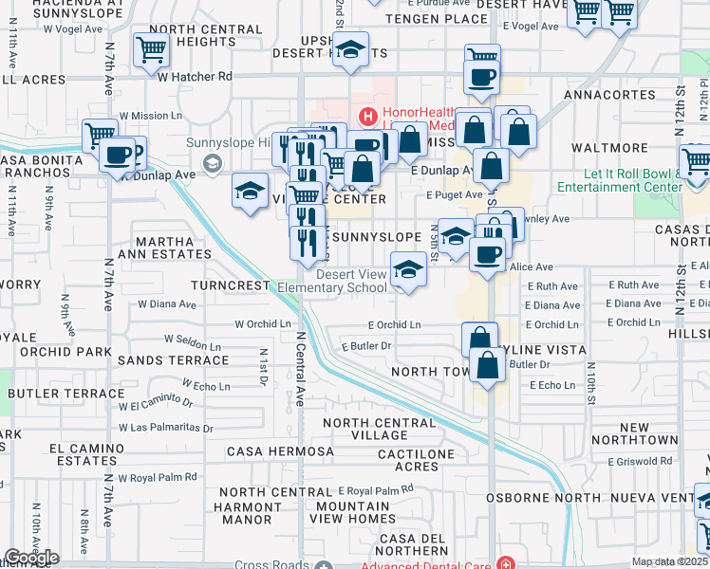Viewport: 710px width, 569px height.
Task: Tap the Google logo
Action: click(31, 558)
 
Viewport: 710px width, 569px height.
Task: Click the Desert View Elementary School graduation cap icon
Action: click(409, 269)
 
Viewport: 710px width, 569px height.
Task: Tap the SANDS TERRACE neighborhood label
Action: click(173, 360)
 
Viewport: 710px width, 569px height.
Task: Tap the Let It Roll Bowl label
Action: click(631, 180)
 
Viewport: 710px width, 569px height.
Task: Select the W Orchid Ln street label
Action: click(263, 323)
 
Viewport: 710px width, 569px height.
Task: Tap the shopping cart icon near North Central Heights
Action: click(151, 51)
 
